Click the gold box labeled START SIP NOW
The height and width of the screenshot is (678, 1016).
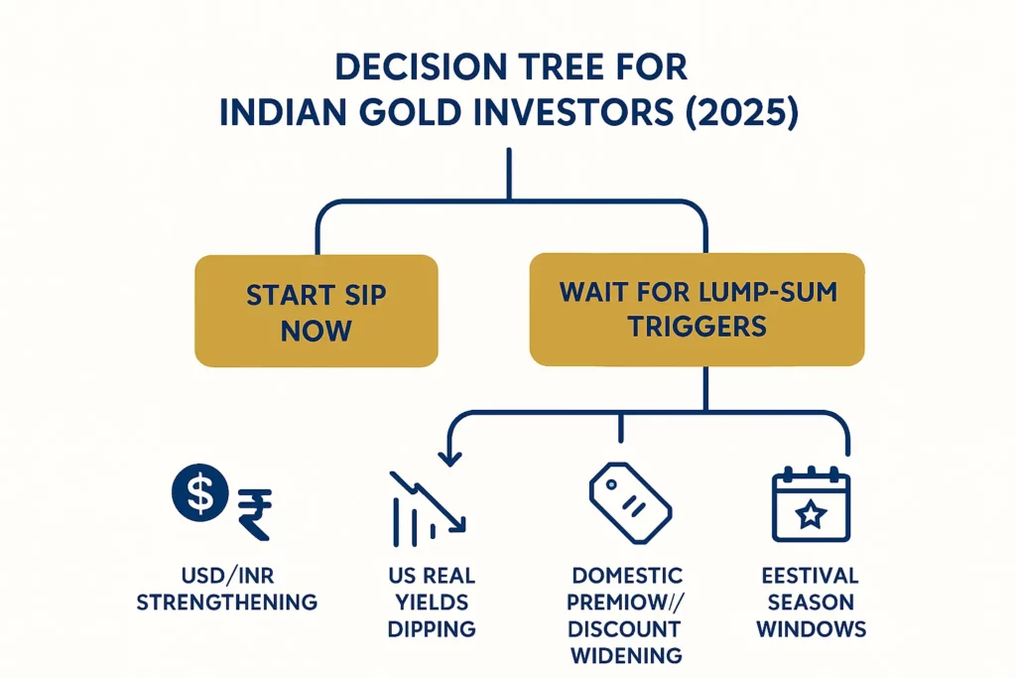pyautogui.click(x=316, y=313)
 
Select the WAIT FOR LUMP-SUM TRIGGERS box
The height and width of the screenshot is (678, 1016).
pyautogui.click(x=697, y=309)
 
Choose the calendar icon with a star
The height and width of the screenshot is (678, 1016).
pyautogui.click(x=811, y=505)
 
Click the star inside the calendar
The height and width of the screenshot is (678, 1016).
pyautogui.click(x=811, y=514)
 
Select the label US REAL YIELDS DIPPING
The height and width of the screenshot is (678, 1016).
pyautogui.click(x=432, y=603)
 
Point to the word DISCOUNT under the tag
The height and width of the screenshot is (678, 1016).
pyautogui.click(x=626, y=629)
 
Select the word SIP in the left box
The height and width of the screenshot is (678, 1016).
pyautogui.click(x=360, y=295)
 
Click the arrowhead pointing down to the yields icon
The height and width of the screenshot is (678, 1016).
pyautogui.click(x=449, y=458)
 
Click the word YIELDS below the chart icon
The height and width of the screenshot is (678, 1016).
pyautogui.click(x=432, y=603)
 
